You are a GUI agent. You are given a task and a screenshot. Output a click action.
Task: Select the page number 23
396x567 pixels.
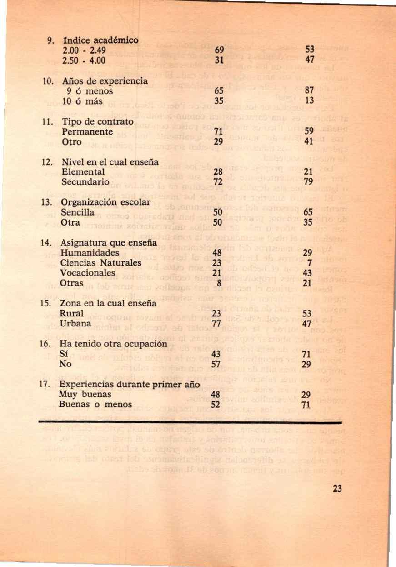[x=337, y=489]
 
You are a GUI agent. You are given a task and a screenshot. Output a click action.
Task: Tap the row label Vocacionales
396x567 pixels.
[x=87, y=272]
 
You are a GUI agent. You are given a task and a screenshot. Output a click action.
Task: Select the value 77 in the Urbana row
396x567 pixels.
[x=216, y=323]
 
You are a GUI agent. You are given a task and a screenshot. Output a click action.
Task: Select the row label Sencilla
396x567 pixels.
[x=77, y=212]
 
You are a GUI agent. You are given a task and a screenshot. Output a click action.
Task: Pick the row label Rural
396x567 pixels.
[x=71, y=313]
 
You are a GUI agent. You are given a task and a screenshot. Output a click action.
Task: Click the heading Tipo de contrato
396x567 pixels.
[x=96, y=122]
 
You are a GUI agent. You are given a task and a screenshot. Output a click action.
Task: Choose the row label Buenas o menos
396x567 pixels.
[x=95, y=404]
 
